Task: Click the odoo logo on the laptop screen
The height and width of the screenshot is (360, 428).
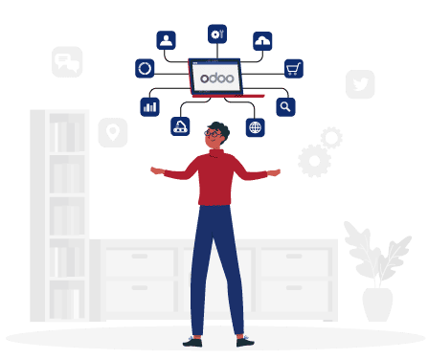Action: tap(214, 75)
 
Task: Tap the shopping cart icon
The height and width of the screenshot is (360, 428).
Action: tap(294, 68)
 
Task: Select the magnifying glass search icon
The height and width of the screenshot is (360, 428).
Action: tap(284, 106)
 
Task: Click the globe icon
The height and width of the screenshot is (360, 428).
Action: tap(255, 127)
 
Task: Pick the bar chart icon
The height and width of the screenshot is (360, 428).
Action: tap(149, 106)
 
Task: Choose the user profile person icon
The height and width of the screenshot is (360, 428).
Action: tap(167, 40)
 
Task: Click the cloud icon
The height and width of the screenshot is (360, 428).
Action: tap(262, 40)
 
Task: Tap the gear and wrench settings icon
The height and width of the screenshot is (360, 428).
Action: tap(217, 34)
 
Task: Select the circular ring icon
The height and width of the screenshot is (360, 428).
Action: tap(145, 68)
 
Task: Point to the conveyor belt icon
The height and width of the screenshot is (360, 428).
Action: tap(180, 126)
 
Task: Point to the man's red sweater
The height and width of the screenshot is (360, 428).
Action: tap(216, 177)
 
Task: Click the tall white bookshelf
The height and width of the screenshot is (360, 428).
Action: tap(59, 215)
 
